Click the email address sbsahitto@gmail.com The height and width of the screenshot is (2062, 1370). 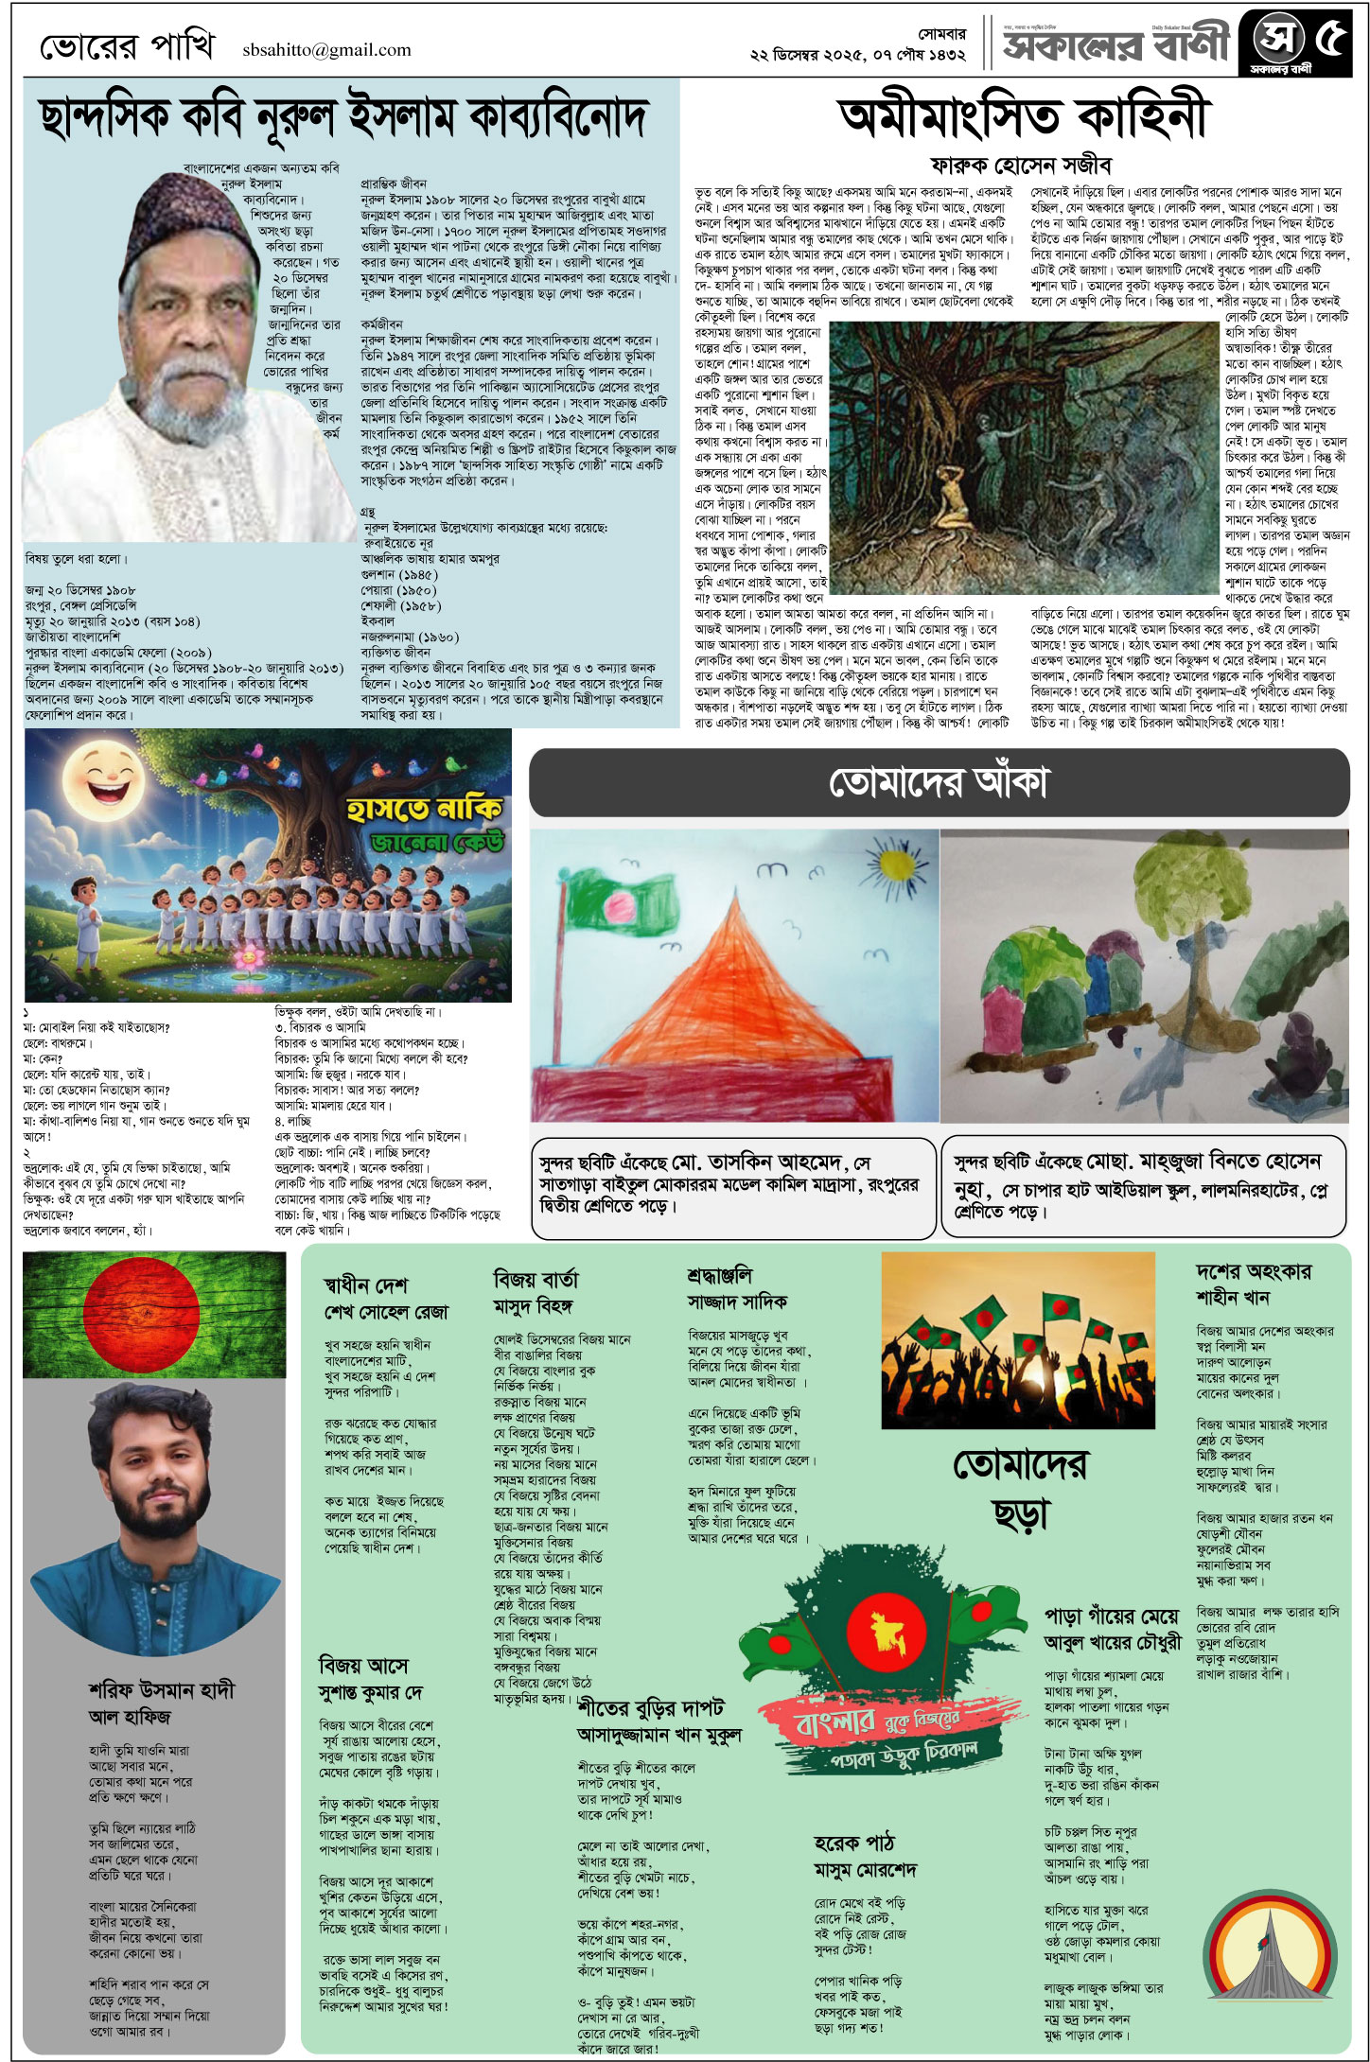(x=326, y=50)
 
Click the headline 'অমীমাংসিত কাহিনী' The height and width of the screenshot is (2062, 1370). (x=1024, y=115)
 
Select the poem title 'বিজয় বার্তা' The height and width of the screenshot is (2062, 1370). (x=536, y=1280)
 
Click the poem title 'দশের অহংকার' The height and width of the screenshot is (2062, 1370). (x=1253, y=1270)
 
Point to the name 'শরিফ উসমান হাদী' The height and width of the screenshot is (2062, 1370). (x=161, y=1689)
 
